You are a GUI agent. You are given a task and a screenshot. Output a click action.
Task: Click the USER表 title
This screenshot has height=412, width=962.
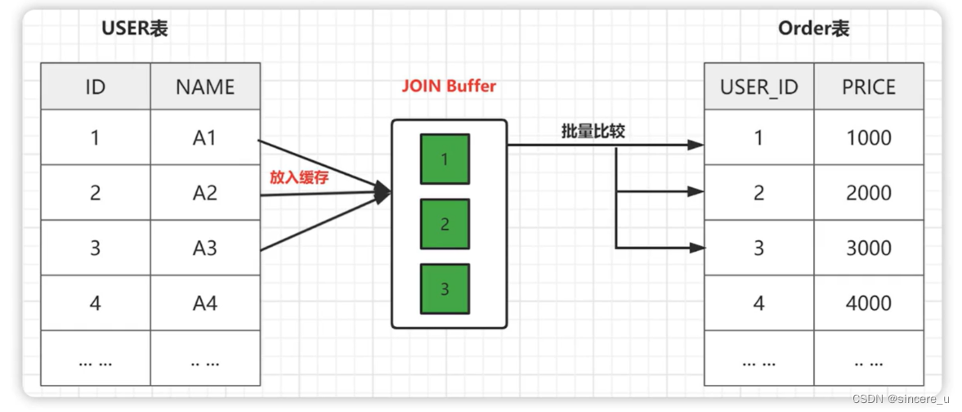coord(135,29)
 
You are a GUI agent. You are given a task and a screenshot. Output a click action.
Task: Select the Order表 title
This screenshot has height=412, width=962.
coord(813,29)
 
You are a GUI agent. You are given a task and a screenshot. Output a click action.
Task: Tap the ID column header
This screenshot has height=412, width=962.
coord(96,87)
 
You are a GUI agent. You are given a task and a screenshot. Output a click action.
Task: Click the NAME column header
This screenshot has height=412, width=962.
coord(205,87)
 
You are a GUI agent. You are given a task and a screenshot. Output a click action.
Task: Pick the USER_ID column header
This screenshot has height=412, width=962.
coord(758,87)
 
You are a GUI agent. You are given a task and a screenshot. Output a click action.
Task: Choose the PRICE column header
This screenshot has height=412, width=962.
coord(868,87)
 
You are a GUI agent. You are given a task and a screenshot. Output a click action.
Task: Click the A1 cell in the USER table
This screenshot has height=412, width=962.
coord(205,137)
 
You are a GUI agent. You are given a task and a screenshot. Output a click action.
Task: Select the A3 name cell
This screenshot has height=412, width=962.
coord(205,247)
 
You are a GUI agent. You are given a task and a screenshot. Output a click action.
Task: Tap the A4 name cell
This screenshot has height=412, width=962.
coord(205,302)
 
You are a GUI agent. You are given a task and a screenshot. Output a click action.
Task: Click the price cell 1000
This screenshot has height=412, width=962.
coord(868,137)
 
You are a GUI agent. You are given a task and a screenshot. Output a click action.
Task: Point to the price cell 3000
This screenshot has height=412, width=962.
coord(868,247)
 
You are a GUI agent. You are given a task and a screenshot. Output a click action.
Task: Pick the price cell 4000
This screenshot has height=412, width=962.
coord(868,302)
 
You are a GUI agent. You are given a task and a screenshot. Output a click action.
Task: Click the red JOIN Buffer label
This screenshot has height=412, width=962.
coord(449,86)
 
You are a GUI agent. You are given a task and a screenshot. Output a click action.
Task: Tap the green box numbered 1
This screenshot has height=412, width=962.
coord(445,159)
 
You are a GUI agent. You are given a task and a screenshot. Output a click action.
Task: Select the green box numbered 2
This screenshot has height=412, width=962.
coord(445,223)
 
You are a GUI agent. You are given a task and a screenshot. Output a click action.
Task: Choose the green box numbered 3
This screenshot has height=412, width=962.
coord(445,289)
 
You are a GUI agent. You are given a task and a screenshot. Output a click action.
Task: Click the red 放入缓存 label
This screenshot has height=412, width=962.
coord(299,177)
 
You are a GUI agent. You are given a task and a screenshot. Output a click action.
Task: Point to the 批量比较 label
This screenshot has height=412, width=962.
coord(593,131)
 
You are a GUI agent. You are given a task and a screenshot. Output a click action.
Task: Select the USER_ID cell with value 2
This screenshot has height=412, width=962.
coord(758,193)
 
